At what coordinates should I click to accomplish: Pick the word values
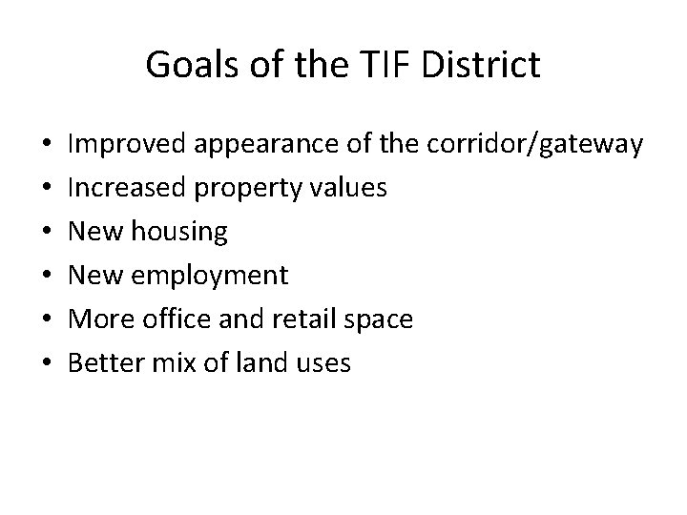click(349, 188)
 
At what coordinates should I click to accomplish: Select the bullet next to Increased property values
click(48, 189)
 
